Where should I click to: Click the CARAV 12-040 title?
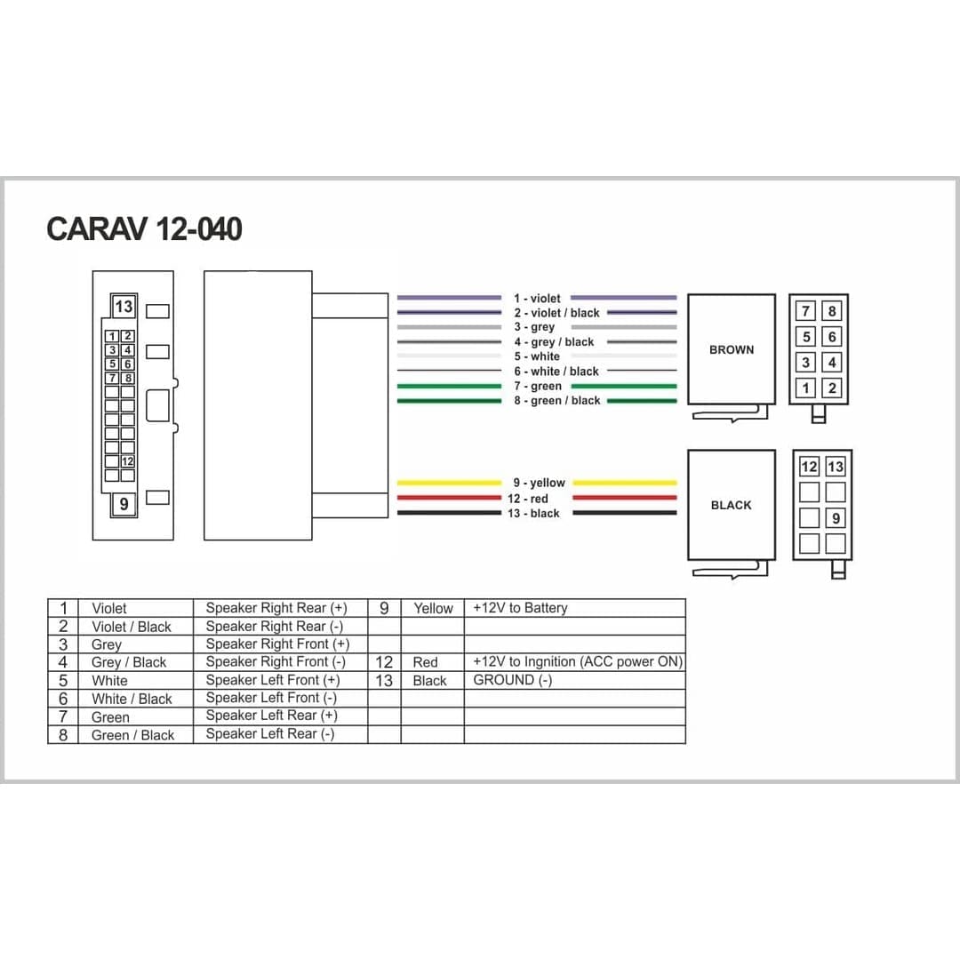[x=145, y=229]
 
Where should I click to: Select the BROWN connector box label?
[x=732, y=349]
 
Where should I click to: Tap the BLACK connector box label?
[x=731, y=505]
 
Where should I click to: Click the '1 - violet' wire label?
[x=537, y=298]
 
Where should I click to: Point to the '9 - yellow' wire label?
[x=539, y=483]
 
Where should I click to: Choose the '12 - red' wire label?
[x=528, y=499]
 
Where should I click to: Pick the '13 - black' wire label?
[x=533, y=513]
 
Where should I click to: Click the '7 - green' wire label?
[x=538, y=386]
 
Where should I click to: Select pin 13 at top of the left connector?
[x=124, y=306]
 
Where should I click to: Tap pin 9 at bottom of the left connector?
[x=124, y=504]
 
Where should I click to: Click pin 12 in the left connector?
[x=127, y=461]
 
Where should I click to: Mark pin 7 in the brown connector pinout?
[x=805, y=311]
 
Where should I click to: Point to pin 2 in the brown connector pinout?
[x=831, y=388]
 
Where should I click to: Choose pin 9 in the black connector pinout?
[x=835, y=518]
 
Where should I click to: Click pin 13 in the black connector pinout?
[x=835, y=467]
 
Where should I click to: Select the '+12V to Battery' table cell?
[x=520, y=608]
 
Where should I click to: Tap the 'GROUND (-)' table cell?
[x=513, y=680]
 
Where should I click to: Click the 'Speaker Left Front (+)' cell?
[x=273, y=680]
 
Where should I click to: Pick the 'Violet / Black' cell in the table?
[x=132, y=627]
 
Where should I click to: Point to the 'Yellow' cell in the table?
[x=434, y=608]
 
